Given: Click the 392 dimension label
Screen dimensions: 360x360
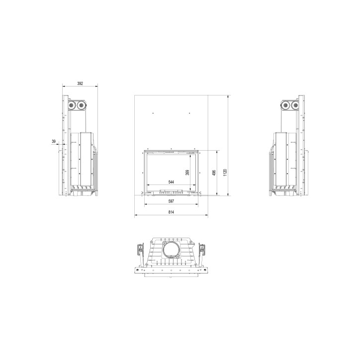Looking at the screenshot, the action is pyautogui.click(x=80, y=84).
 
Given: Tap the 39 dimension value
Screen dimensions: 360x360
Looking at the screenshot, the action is pyautogui.click(x=54, y=141).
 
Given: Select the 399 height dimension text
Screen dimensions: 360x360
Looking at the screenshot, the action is pyautogui.click(x=187, y=173).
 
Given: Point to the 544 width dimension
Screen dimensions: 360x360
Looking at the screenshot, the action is pyautogui.click(x=171, y=182).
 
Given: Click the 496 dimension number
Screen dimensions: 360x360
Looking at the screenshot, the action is pyautogui.click(x=214, y=173).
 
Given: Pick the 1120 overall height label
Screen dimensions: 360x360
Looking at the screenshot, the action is pyautogui.click(x=225, y=173).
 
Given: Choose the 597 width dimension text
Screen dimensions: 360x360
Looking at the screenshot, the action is pyautogui.click(x=171, y=201).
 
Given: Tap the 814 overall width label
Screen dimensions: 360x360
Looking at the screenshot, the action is pyautogui.click(x=171, y=212).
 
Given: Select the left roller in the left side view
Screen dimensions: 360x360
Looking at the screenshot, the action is pyautogui.click(x=72, y=105).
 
